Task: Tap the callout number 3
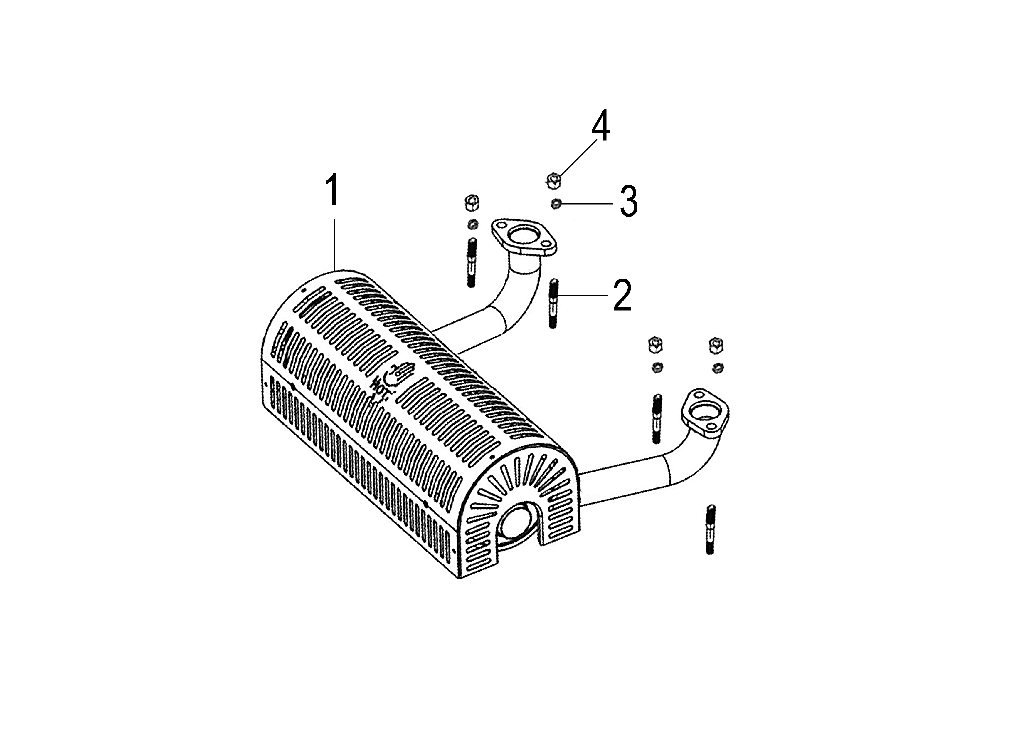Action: (x=629, y=202)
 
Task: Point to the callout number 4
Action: (x=601, y=125)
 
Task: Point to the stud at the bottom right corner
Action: (x=710, y=530)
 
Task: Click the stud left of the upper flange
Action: (x=472, y=263)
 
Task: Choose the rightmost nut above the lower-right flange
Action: (x=716, y=346)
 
